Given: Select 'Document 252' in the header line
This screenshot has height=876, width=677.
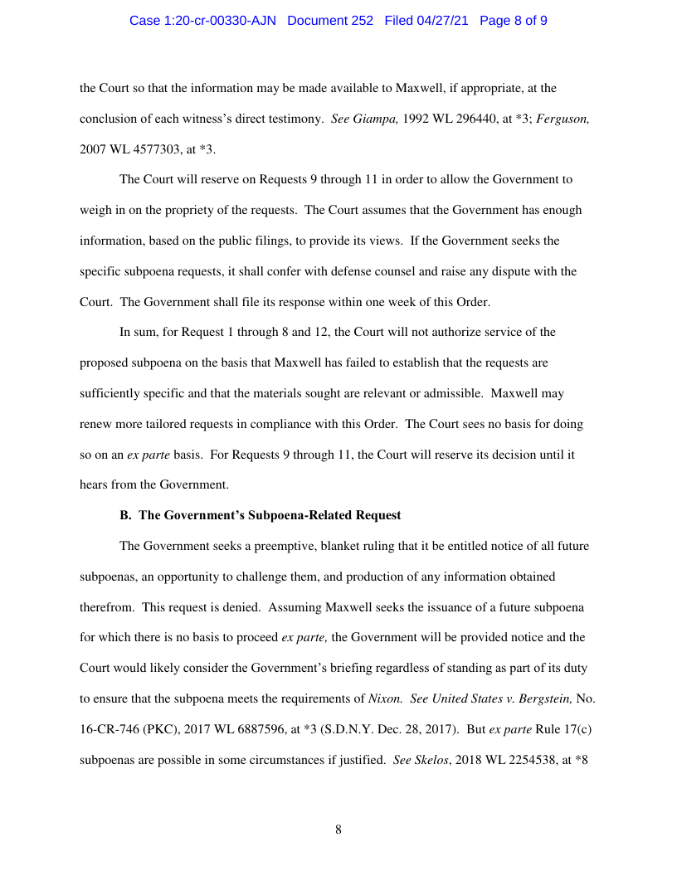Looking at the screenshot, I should [330, 21].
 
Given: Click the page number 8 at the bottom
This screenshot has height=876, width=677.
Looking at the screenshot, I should [338, 830].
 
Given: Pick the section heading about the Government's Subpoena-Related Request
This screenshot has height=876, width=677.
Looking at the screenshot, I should [261, 515].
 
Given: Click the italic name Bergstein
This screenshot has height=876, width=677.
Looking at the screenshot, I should [545, 698].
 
